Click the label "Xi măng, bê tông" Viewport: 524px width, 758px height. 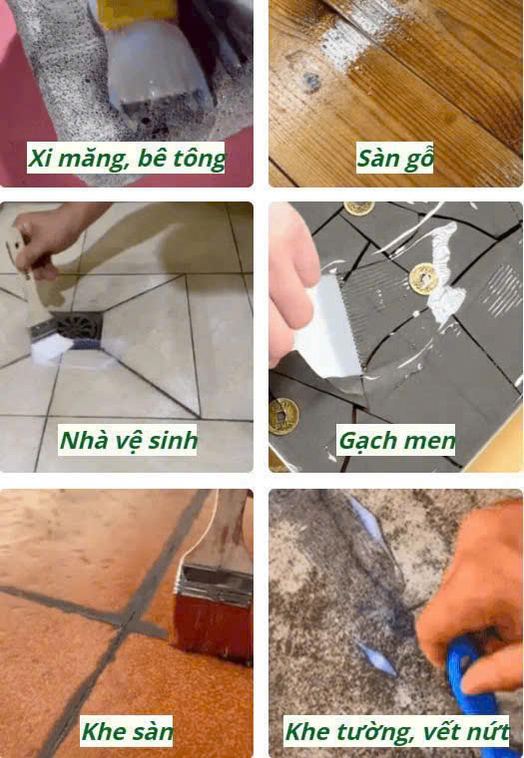pos(126,158)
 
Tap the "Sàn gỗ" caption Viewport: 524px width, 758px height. pos(394,158)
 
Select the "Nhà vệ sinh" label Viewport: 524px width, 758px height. pos(128,440)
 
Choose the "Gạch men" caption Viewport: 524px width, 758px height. pos(396,440)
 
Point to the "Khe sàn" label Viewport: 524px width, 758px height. pos(127,731)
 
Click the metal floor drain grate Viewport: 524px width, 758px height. pos(79,326)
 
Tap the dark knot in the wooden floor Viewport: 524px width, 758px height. pos(311,81)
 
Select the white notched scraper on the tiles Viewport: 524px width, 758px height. pos(329,329)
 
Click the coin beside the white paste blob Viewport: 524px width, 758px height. pos(423,278)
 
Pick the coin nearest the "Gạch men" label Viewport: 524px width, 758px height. pos(283,416)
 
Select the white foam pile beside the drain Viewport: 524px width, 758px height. pos(51,347)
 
